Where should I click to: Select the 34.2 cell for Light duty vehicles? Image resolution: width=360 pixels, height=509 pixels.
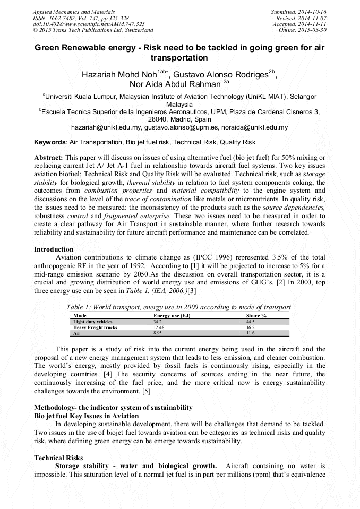(x=158, y=322)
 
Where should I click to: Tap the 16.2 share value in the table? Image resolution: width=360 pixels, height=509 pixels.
(x=251, y=327)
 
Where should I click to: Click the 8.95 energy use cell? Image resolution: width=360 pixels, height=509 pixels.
(x=158, y=333)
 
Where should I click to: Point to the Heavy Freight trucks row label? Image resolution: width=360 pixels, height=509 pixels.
(x=95, y=327)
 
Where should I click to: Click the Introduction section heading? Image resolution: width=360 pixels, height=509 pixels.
(x=54, y=249)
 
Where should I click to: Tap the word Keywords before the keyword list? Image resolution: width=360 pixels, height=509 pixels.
(x=50, y=142)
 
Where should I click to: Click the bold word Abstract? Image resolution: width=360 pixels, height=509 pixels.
(x=48, y=158)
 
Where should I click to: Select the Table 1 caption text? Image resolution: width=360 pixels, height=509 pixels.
(x=179, y=307)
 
